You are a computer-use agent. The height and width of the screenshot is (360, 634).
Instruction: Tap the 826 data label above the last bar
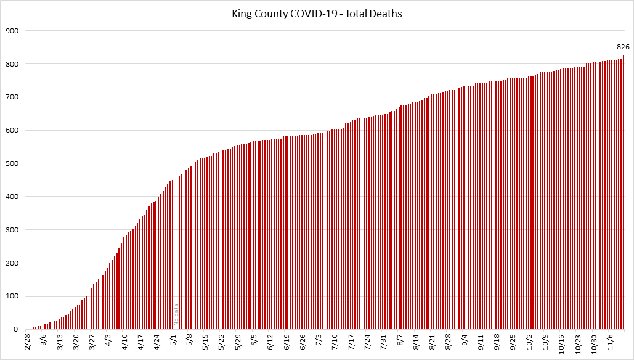623,47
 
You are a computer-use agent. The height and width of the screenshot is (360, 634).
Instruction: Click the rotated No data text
176,314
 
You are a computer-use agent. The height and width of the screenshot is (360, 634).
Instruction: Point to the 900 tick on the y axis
12,31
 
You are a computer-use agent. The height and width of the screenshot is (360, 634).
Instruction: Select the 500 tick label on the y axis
12,163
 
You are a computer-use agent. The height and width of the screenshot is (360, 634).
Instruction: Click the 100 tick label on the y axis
12,297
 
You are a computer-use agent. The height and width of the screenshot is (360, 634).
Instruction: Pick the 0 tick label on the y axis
17,330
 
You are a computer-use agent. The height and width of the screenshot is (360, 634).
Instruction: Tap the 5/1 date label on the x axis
174,340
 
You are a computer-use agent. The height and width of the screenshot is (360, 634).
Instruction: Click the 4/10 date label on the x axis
124,342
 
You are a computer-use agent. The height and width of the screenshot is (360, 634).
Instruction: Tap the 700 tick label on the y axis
12,97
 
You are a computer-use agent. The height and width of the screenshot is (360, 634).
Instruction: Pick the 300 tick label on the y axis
12,230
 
